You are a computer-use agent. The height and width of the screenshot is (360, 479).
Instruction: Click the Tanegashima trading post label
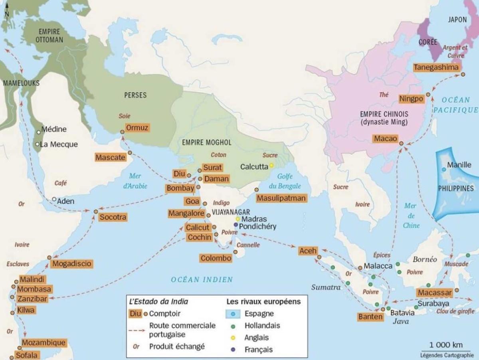[x=436, y=67]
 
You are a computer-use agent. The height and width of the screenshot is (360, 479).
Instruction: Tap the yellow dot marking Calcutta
[x=271, y=165]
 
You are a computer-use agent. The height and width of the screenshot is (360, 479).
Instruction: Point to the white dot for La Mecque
[x=37, y=144]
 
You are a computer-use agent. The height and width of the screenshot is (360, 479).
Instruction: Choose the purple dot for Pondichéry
[x=236, y=225]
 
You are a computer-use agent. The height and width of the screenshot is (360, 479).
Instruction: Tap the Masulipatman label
[x=281, y=198]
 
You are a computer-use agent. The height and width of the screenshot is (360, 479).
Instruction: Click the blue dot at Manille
[x=444, y=170]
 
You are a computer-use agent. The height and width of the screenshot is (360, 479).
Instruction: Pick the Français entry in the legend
[x=259, y=349]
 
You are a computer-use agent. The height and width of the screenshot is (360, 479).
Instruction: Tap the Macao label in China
[x=385, y=138]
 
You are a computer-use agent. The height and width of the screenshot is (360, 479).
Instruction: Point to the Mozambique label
[x=43, y=342]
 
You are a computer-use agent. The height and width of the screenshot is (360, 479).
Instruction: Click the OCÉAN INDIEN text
[x=202, y=280]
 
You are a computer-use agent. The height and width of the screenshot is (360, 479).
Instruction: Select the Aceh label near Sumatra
[x=308, y=251]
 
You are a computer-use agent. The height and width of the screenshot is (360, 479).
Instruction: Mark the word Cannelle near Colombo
[x=248, y=245]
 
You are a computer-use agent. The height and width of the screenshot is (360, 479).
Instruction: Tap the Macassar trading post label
[x=435, y=293]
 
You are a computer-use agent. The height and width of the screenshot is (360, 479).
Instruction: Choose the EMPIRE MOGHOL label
[x=206, y=142]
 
